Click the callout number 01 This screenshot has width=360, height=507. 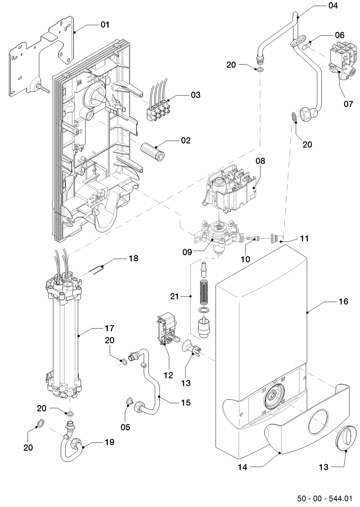105,25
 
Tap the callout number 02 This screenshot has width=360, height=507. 186,140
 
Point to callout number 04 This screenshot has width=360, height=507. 333,5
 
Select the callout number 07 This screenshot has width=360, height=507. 348,104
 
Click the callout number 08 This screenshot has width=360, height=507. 260,161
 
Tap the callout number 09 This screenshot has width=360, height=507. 187,252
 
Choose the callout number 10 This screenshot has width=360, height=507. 245,259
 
